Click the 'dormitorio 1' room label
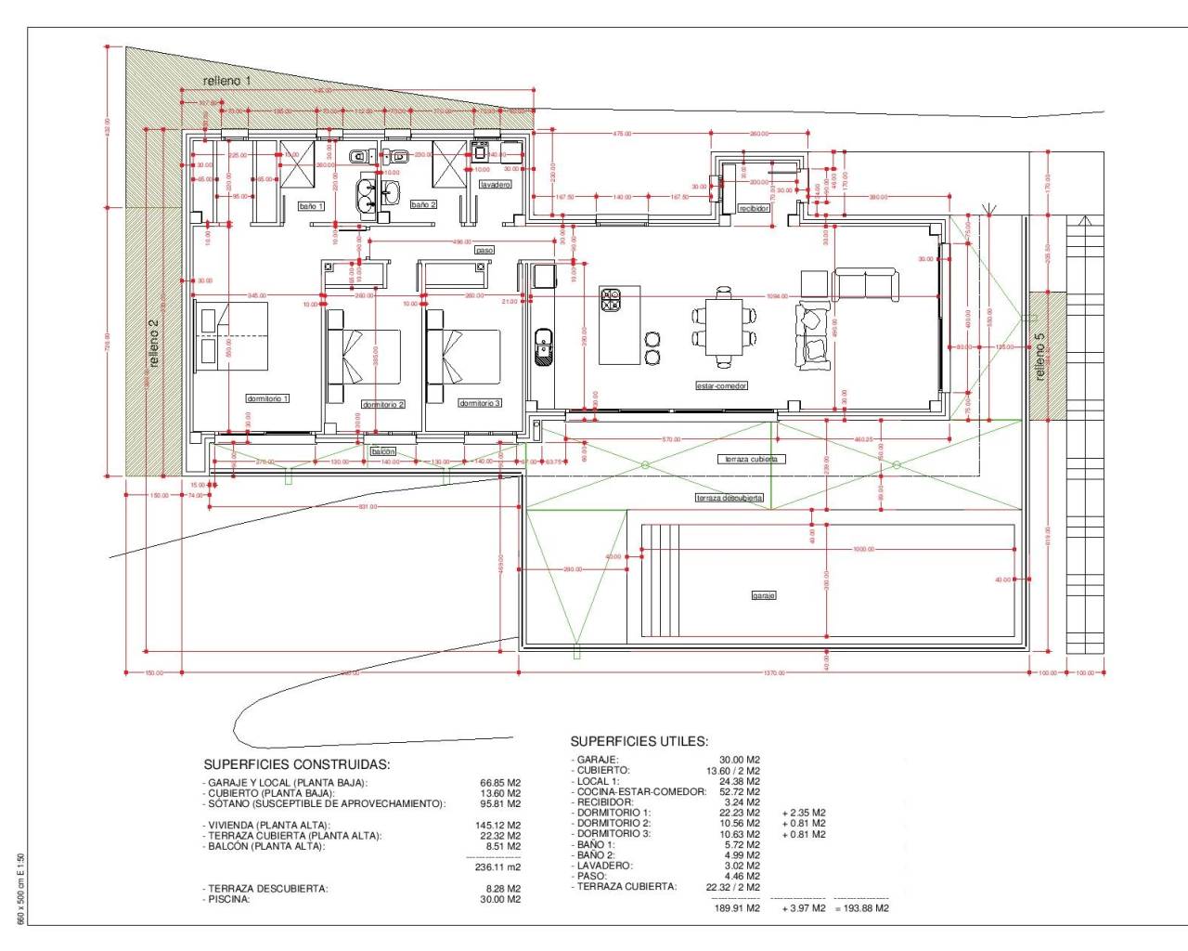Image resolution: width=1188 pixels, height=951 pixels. [267, 398]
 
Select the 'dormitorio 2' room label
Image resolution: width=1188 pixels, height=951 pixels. [383, 405]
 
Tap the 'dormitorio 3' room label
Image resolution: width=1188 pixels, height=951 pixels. [480, 403]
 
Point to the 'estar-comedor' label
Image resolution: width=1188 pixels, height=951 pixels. [721, 385]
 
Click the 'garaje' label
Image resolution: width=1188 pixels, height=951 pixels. [764, 595]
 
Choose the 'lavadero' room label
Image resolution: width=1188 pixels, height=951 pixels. [495, 185]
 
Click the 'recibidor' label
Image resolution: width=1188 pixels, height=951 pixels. [754, 209]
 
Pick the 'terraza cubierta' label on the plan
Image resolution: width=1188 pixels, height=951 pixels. [752, 459]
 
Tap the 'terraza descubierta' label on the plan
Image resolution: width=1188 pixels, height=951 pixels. [730, 499]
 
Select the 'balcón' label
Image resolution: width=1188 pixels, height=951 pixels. [383, 451]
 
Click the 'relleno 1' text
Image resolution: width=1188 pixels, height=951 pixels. [226, 81]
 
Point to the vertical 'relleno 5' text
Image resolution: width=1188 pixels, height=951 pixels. [1039, 357]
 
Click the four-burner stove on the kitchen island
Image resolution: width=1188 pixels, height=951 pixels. [612, 300]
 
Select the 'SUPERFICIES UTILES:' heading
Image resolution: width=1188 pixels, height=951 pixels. [639, 741]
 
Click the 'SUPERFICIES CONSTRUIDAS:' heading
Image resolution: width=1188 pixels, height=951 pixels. [296, 764]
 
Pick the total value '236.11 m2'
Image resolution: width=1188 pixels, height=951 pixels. [497, 866]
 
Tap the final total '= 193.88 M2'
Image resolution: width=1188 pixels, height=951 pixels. [861, 908]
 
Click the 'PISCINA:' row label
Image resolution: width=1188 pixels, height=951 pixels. [228, 899]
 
